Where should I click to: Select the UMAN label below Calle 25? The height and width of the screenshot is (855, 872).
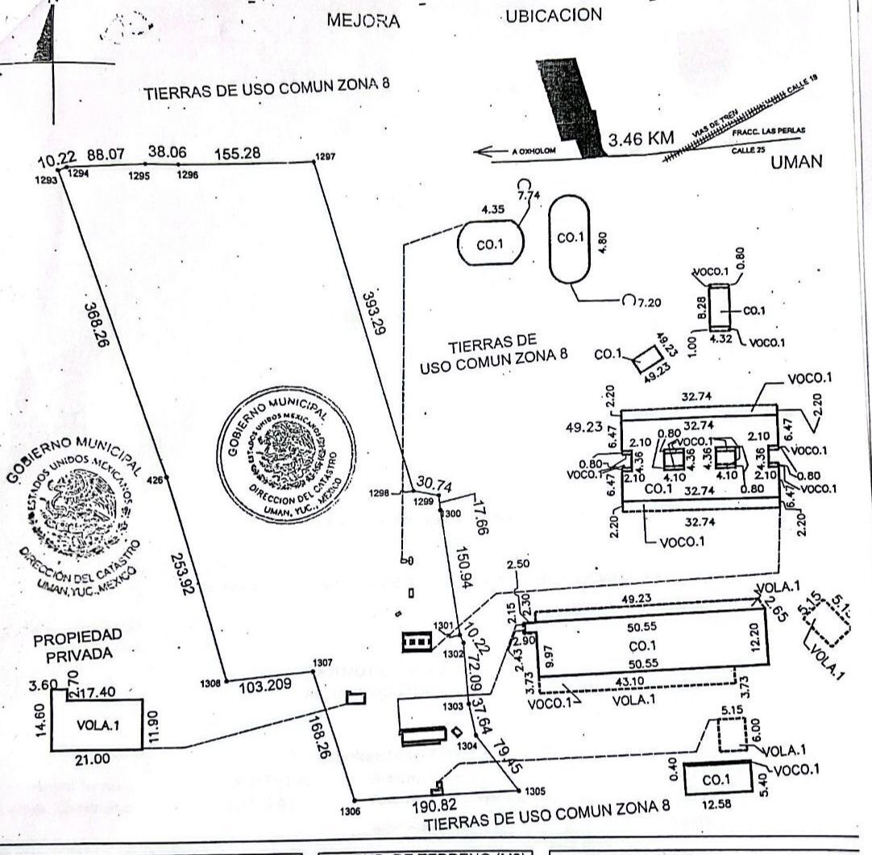click(x=795, y=162)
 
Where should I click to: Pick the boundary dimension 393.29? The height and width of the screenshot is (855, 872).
click(x=373, y=310)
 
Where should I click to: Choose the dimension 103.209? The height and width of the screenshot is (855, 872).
click(x=267, y=687)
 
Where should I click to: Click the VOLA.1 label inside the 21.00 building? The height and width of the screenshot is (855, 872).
click(x=98, y=725)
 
